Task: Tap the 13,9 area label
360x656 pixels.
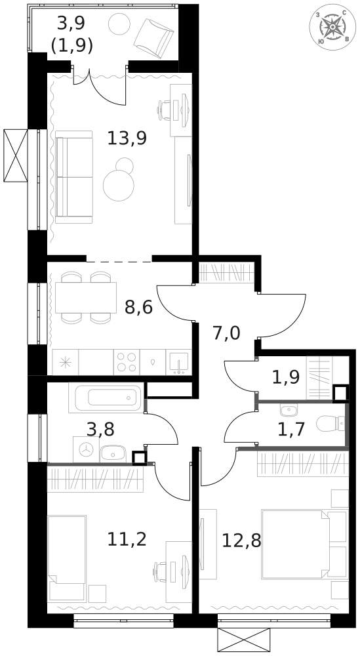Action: pos(127,138)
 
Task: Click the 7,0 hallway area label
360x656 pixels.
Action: pos(226,333)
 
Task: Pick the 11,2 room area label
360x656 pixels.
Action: pos(127,539)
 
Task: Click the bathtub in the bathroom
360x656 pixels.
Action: pos(106,397)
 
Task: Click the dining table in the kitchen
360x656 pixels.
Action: pos(86,297)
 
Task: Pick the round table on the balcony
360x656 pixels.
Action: pos(119,24)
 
